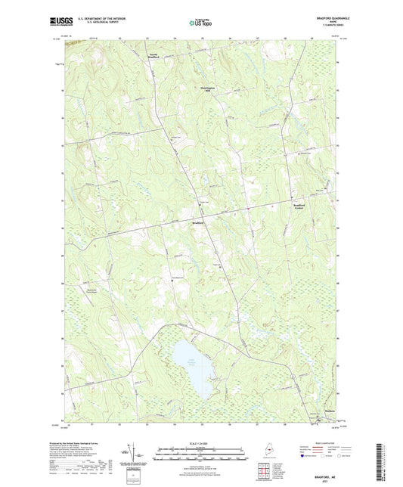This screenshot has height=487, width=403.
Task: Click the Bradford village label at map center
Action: (197, 223)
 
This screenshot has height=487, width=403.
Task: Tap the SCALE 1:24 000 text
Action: (200, 442)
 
